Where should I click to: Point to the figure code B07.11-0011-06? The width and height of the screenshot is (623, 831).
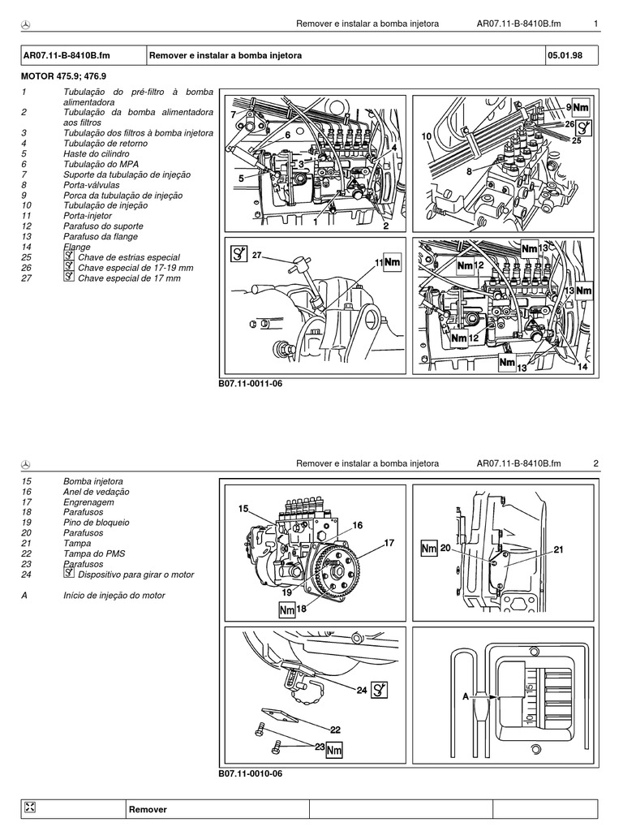point(250,383)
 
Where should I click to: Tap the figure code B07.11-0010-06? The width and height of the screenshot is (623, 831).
point(250,773)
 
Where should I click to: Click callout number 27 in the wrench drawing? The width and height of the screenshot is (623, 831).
point(259,255)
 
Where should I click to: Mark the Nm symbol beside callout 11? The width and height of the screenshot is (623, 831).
point(393,263)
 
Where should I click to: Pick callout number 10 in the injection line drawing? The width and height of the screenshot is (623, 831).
point(427,137)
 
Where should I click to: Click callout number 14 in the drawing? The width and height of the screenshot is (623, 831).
point(582,367)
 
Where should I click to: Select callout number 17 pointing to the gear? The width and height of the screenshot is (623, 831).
point(389,543)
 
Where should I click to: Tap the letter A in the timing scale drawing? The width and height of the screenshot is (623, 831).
point(466,695)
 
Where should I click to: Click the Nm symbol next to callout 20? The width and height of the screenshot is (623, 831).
point(429,549)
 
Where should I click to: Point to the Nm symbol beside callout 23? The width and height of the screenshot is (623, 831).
point(334,751)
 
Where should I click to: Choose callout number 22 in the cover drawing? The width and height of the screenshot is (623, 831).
point(334,729)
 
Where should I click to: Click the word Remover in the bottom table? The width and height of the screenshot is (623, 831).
point(148,809)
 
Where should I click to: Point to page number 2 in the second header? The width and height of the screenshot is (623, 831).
point(595,463)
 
